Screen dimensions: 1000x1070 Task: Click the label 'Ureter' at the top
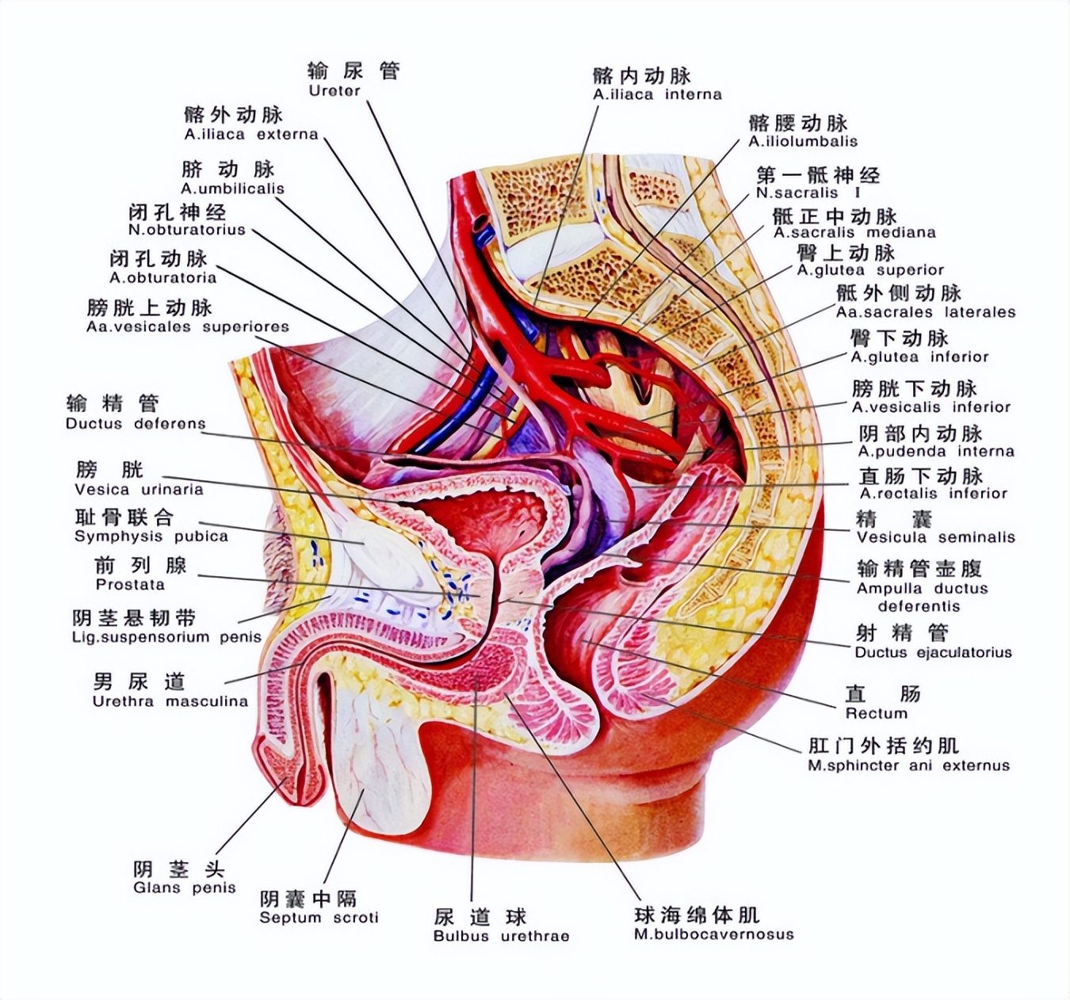[x=334, y=91]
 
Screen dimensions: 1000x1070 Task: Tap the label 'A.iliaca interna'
[x=657, y=95]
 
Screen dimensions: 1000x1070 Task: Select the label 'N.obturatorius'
[x=187, y=231]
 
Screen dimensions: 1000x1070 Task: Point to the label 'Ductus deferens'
[x=136, y=424]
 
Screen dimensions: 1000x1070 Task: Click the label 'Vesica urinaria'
[x=139, y=490]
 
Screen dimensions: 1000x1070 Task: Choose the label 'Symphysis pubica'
[x=151, y=536]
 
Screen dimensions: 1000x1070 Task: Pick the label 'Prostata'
[x=130, y=585]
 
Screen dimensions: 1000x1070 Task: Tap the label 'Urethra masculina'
[x=170, y=701]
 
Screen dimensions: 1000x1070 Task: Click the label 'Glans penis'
[x=185, y=887]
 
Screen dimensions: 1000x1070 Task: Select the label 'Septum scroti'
[x=319, y=918]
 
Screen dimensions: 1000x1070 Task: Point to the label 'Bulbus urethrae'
[x=501, y=936]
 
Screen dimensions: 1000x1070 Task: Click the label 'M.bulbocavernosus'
[x=713, y=934]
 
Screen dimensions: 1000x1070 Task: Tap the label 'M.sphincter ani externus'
[x=908, y=765]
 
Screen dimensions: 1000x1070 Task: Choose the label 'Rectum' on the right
[x=876, y=713]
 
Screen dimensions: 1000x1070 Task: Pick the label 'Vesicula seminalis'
[x=935, y=537]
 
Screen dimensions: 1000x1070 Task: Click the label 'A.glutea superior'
[x=870, y=270]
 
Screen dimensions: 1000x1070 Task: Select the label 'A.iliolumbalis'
[x=803, y=142]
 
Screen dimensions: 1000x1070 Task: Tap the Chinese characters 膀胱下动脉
[x=915, y=388]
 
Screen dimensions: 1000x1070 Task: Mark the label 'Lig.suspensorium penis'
[x=166, y=637]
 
